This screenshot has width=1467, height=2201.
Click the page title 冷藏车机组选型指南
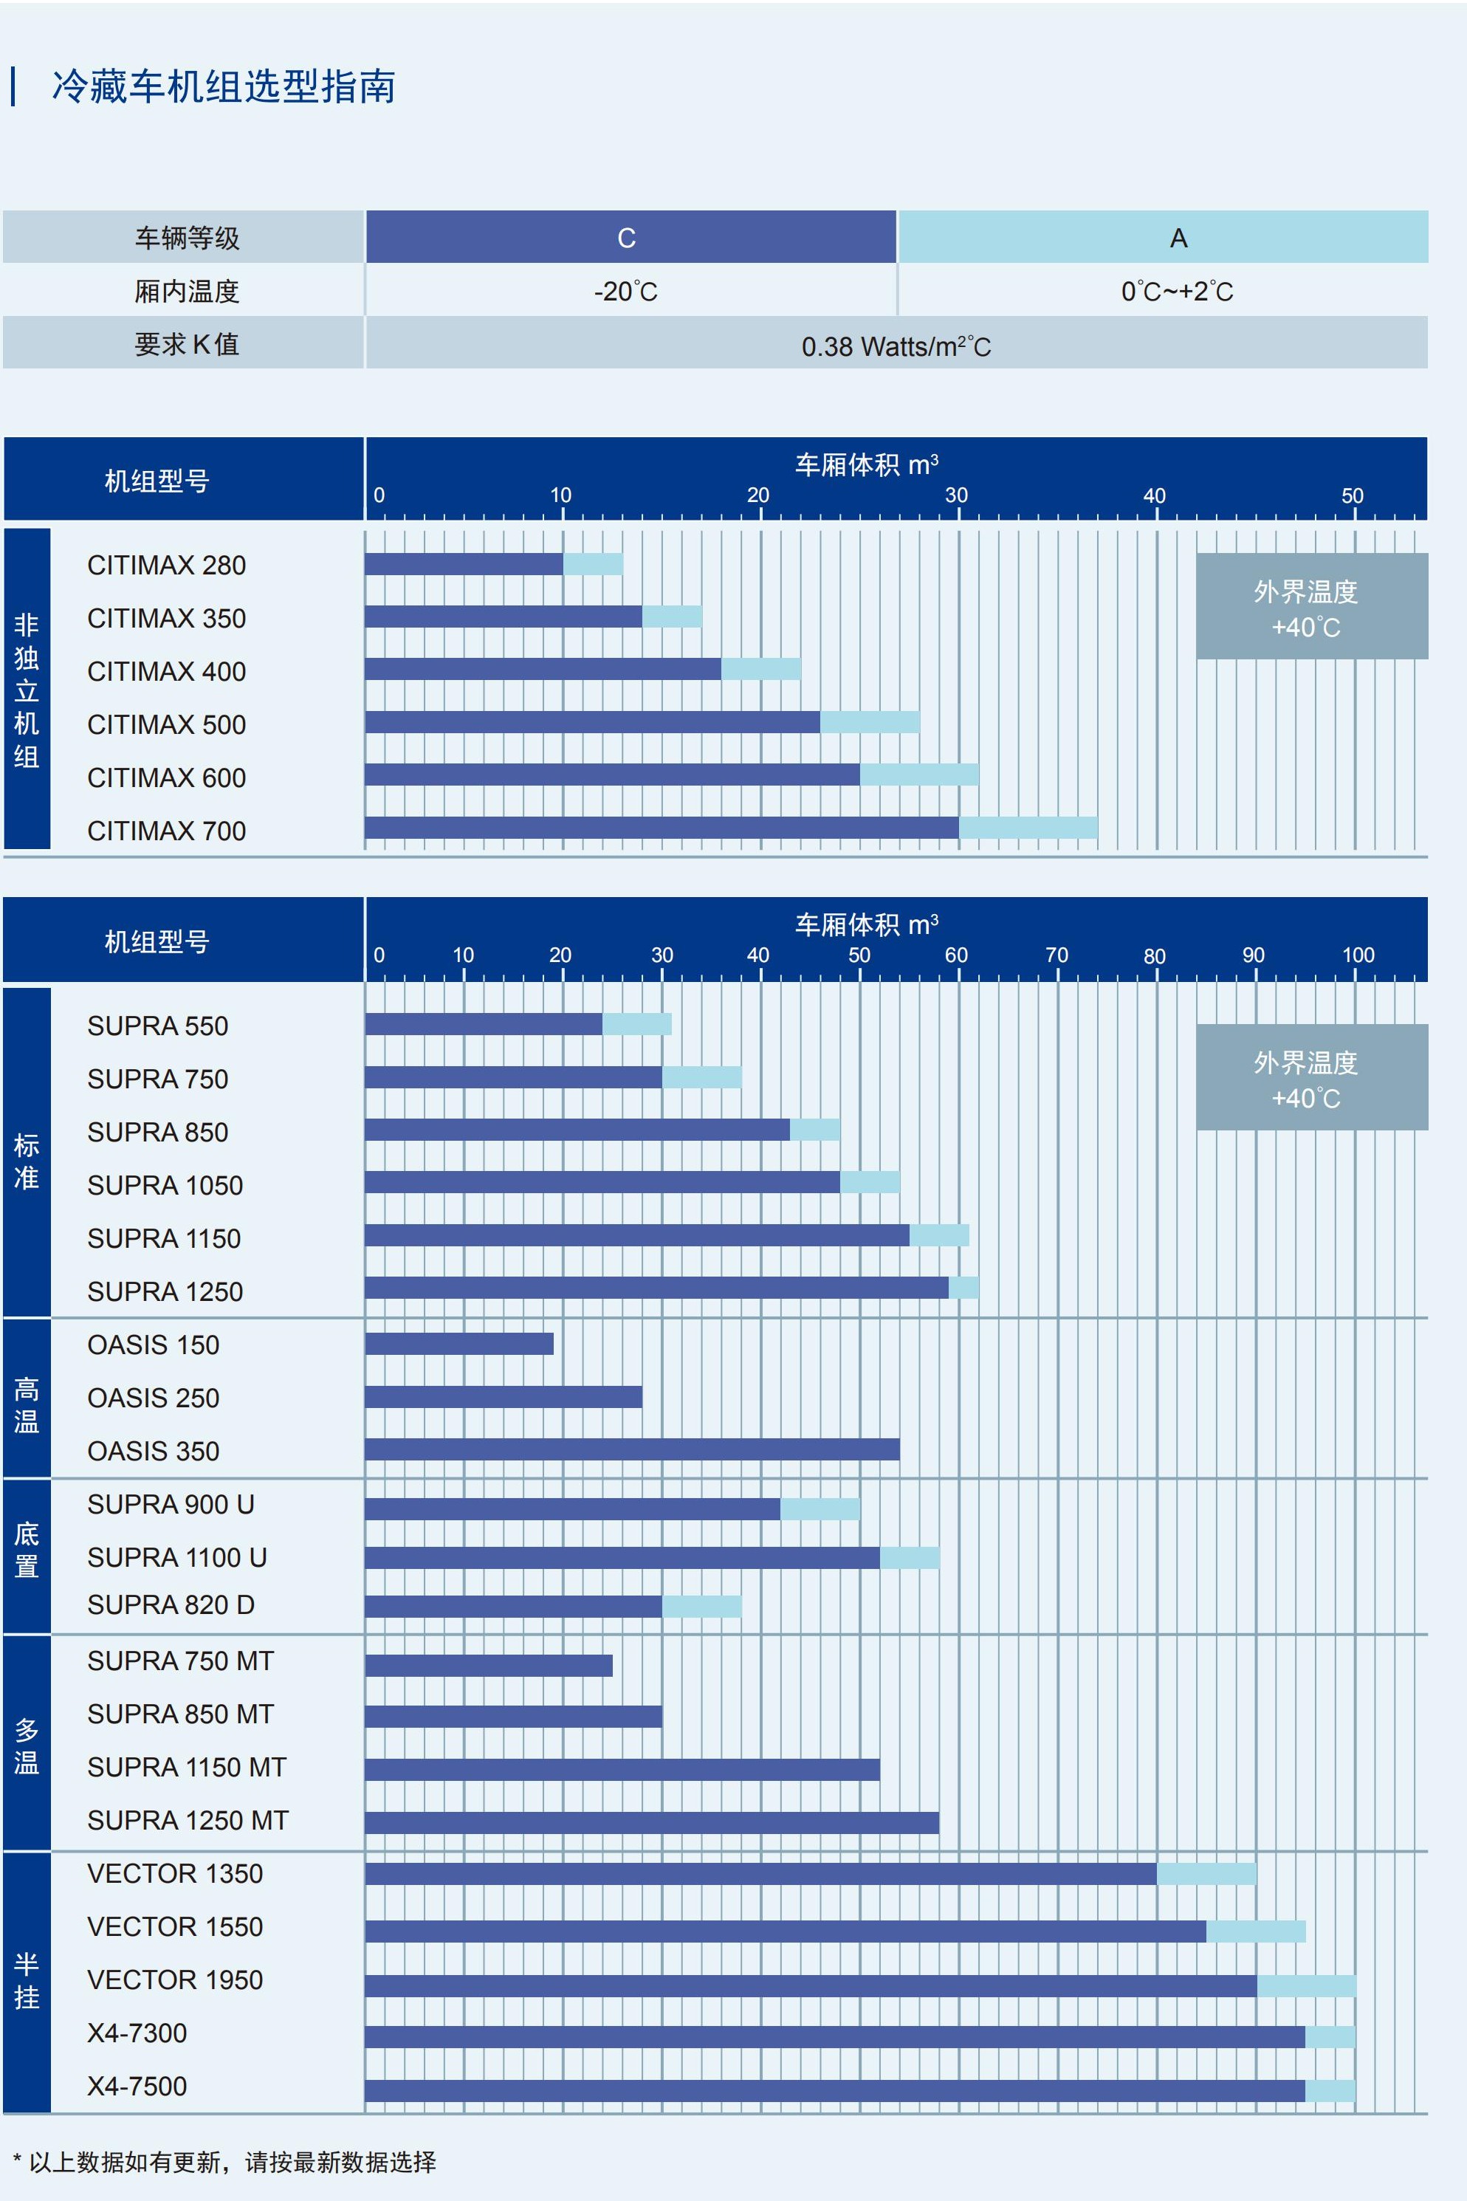224,87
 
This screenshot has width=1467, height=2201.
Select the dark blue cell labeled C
627,238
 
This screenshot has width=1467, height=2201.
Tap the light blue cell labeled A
1178,238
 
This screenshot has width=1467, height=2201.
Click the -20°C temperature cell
626,292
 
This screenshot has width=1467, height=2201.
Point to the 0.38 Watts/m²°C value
896,346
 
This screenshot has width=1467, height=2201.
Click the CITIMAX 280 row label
167,565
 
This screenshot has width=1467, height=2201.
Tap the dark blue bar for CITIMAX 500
592,722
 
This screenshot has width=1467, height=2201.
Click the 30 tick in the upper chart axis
956,495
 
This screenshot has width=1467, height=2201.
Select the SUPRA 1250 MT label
188,1820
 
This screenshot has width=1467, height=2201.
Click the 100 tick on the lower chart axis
1358,955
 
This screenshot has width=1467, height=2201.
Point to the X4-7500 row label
137,2085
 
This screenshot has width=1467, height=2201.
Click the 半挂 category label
26,1980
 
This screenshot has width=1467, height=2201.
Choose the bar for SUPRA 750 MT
488,1665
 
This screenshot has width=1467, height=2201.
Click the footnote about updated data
224,2161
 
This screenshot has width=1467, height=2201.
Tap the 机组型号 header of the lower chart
157,941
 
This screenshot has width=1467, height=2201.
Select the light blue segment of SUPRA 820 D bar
701,1606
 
